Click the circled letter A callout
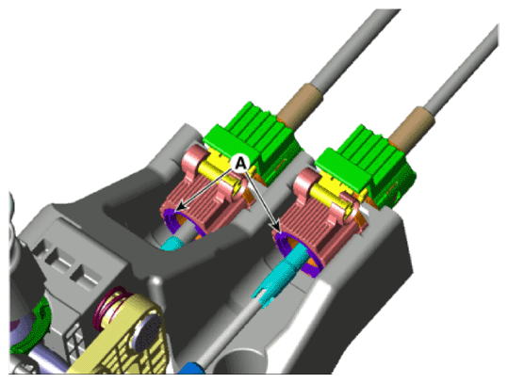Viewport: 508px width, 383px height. pyautogui.click(x=240, y=163)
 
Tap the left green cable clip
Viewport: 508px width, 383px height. pyautogui.click(x=253, y=141)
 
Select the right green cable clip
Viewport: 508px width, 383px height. pyautogui.click(x=366, y=167)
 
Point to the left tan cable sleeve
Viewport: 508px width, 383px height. pyautogui.click(x=300, y=106)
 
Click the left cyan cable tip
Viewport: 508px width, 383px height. pyautogui.click(x=172, y=243)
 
